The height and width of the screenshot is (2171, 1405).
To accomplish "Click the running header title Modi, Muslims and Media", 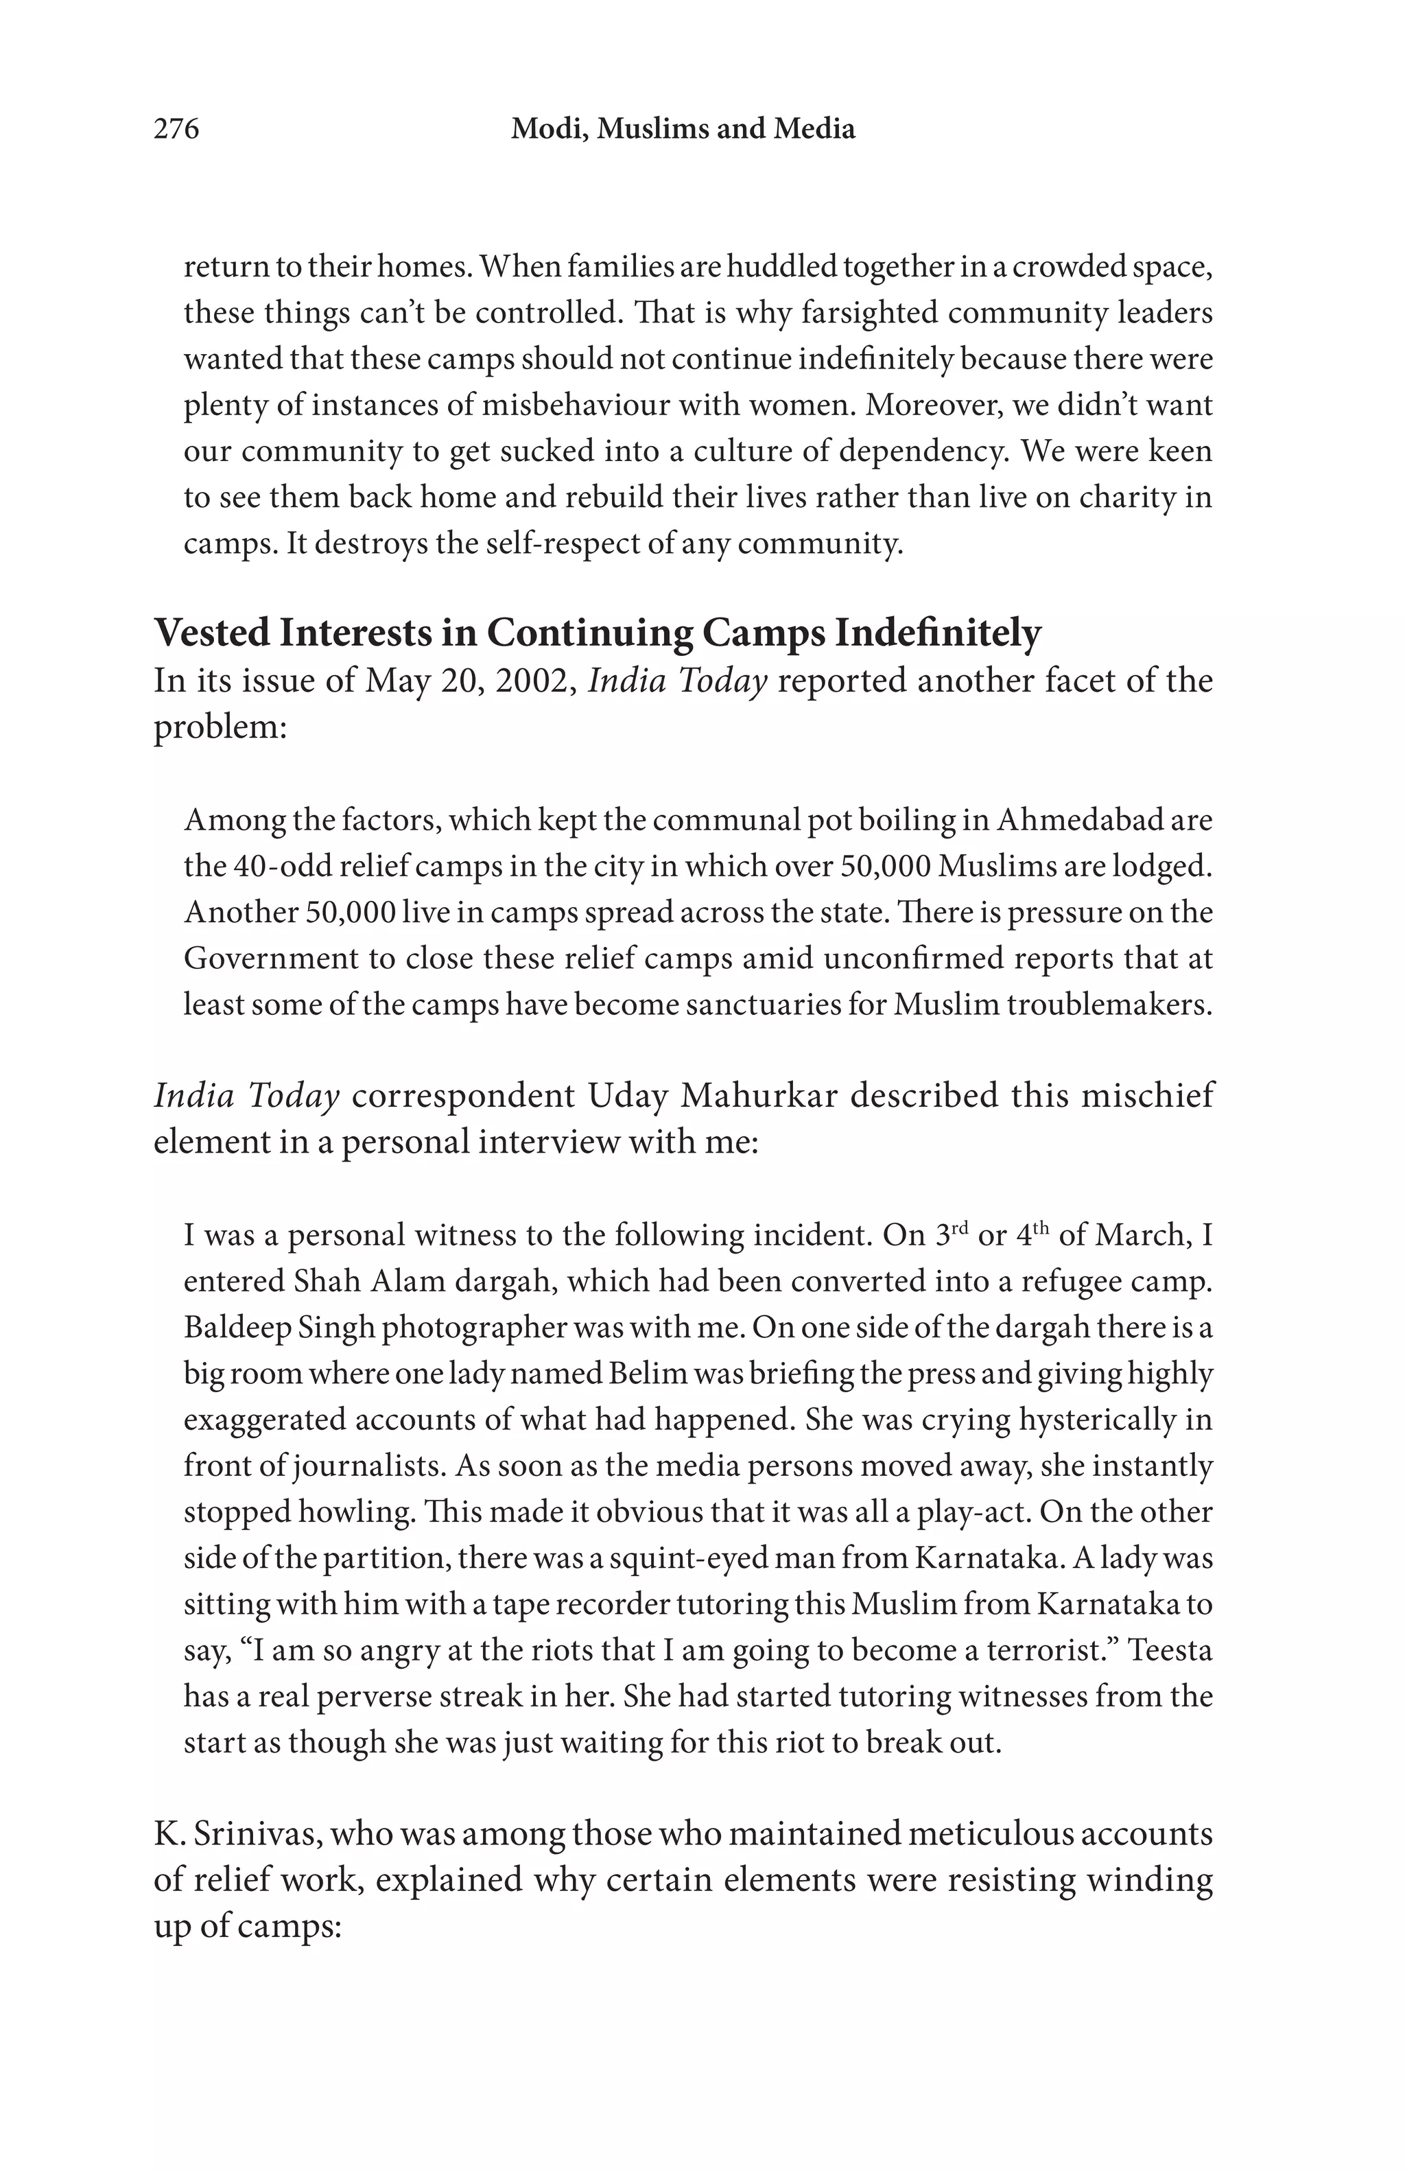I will pos(683,130).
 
